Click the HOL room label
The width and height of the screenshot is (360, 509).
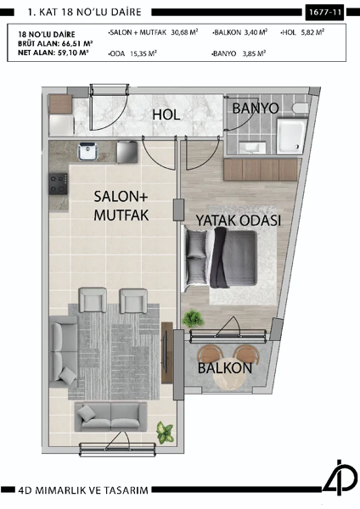[166, 115]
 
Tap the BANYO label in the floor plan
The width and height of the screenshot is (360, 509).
[256, 109]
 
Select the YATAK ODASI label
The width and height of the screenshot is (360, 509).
[239, 220]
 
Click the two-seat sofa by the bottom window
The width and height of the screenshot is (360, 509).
[111, 417]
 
